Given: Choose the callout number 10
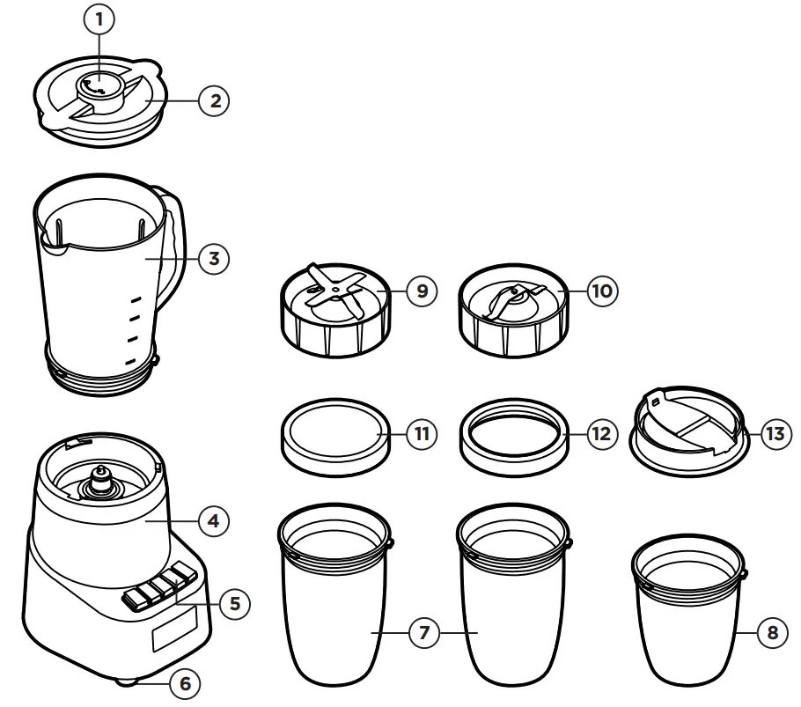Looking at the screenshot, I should [603, 291].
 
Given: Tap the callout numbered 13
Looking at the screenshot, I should [772, 434].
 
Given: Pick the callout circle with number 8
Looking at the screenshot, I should [772, 633].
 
